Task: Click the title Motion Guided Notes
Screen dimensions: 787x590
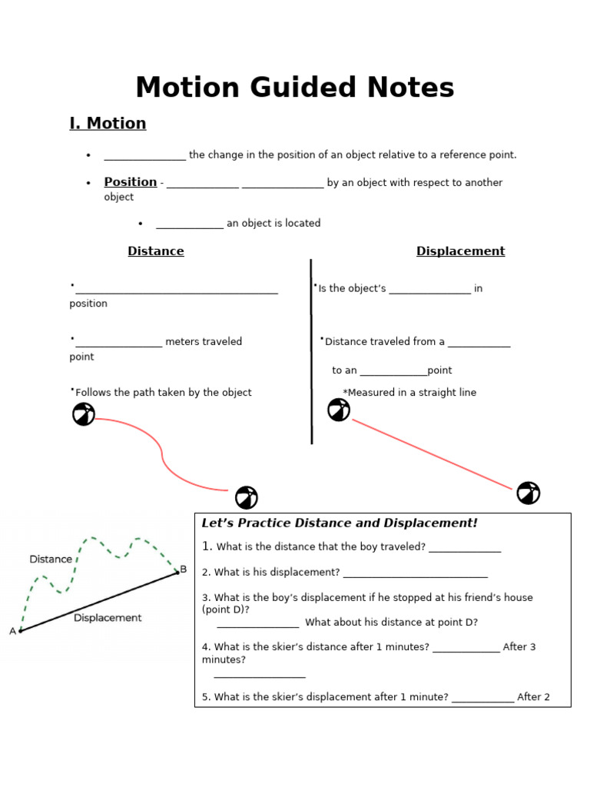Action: [295, 88]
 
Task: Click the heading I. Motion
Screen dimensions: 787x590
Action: [108, 123]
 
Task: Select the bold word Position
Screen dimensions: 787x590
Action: [131, 182]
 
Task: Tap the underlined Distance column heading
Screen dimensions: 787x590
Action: [156, 251]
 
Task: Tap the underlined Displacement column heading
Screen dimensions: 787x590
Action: [460, 251]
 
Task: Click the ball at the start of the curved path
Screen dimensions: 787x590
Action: [84, 414]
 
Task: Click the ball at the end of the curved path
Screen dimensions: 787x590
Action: [247, 497]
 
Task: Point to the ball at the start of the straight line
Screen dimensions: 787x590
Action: [339, 410]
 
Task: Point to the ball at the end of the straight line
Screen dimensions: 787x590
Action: [529, 493]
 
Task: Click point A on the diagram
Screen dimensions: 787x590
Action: [20, 631]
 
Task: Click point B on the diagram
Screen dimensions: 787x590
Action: [178, 571]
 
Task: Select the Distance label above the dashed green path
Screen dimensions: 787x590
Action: [51, 560]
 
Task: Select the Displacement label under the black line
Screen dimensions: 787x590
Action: [108, 618]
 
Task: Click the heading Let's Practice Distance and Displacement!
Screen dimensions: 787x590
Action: [339, 523]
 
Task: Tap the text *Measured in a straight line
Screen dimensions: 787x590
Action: [409, 393]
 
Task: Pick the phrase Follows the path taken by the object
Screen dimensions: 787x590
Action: [164, 393]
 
